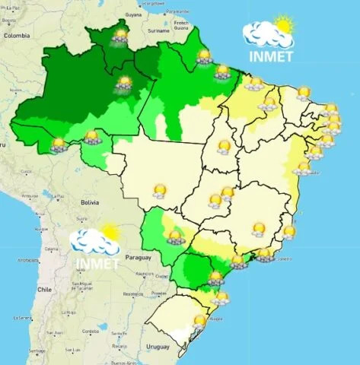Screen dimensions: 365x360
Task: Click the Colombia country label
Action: coord(16,36)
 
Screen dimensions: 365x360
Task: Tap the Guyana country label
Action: coord(133,14)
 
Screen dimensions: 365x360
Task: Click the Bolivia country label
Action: coord(90,202)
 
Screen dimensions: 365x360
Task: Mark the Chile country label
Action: coord(44,290)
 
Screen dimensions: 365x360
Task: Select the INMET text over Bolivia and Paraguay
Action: coord(97,265)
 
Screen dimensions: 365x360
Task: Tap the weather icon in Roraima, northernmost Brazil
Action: coord(119,35)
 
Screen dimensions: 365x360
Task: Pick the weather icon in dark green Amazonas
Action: coord(124,83)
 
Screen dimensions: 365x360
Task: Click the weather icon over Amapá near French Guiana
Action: coord(203,56)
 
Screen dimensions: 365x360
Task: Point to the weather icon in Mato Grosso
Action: coord(159,190)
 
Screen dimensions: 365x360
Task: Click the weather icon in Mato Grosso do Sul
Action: coord(176,236)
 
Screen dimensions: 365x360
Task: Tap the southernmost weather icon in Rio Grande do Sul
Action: coord(199,322)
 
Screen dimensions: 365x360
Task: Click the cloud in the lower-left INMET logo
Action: coord(90,242)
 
